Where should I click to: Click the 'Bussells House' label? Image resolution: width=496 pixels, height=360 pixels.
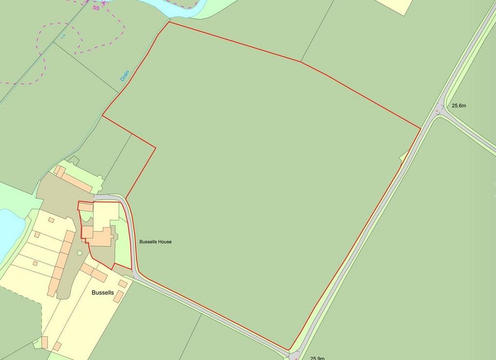(155, 242)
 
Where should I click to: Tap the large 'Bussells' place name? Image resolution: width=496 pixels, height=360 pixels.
(103, 293)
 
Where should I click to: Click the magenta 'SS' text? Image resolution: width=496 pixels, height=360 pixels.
(96, 8)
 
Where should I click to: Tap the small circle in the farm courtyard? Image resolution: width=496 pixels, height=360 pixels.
(79, 253)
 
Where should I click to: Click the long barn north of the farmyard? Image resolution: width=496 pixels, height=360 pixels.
(77, 179)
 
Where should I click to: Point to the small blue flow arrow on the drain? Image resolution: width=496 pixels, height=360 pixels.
(62, 36)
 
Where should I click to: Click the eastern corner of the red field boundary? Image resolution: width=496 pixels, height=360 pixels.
(420, 128)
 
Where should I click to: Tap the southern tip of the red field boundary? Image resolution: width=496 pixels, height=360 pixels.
(290, 349)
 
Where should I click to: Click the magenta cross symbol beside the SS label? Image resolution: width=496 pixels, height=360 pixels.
(103, 3)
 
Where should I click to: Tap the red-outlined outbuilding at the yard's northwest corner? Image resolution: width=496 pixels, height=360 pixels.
(85, 207)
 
